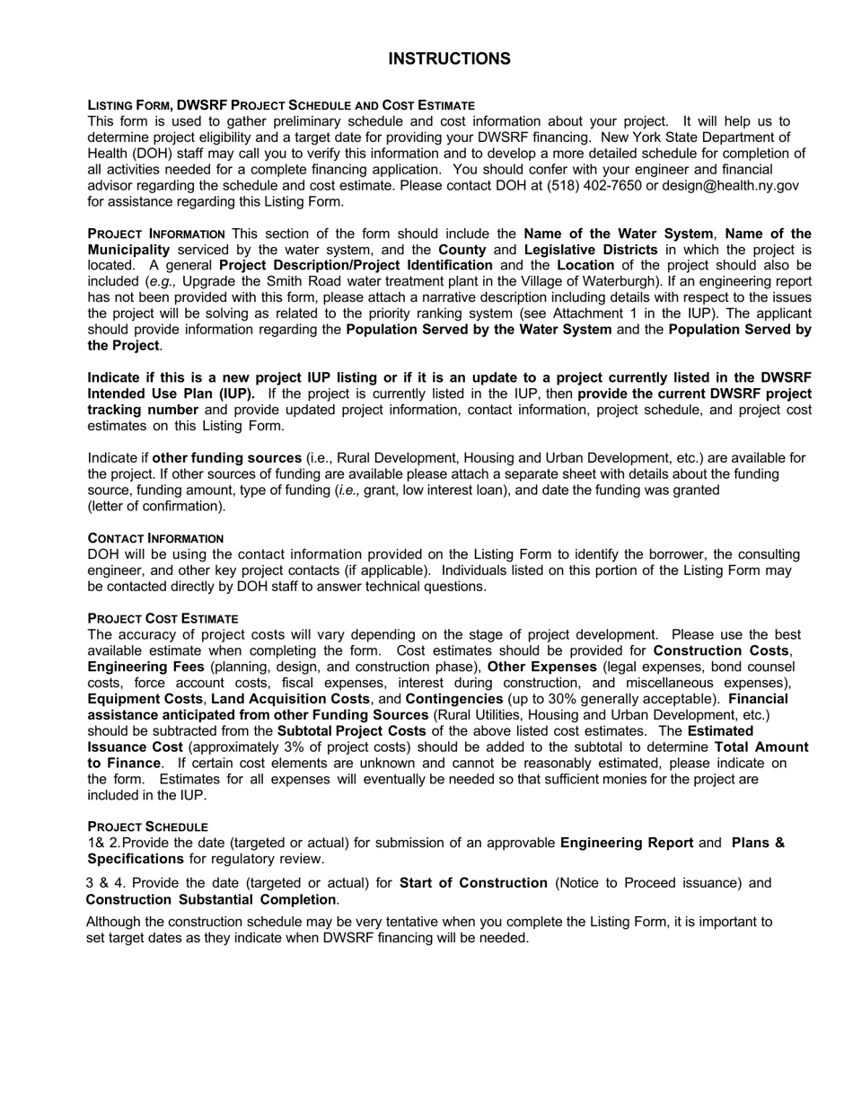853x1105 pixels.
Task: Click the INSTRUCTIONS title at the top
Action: coord(449,59)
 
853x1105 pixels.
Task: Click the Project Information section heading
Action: coord(156,234)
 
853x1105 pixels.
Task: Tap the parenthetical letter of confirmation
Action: coord(157,507)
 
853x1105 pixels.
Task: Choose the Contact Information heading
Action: coord(156,538)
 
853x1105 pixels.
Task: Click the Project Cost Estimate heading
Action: coord(163,619)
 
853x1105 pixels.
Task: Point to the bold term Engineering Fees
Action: coord(145,667)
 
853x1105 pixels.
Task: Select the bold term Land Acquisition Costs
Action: coord(290,699)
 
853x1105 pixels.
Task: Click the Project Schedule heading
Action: coord(147,827)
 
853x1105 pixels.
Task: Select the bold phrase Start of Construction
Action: coord(473,883)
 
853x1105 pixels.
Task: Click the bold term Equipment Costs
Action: coord(146,699)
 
